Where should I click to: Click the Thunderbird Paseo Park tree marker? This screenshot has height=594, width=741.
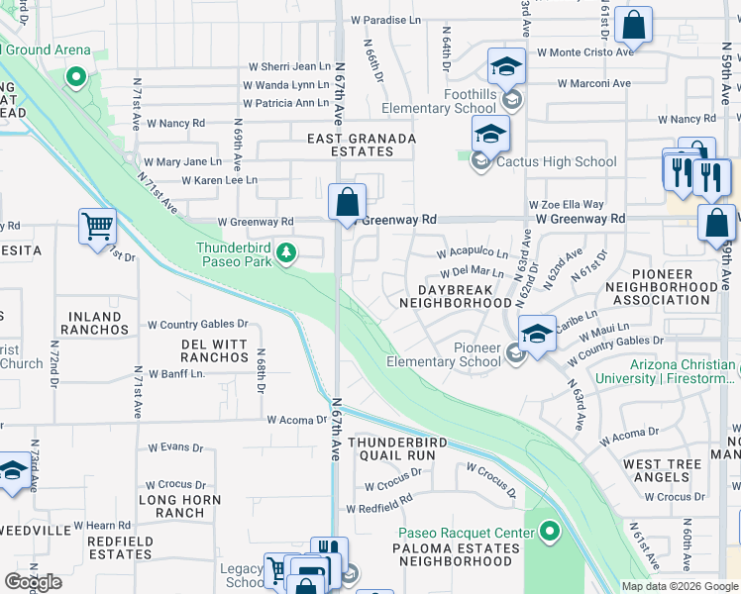pos(286,254)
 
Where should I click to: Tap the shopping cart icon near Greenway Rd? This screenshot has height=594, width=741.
pos(97,226)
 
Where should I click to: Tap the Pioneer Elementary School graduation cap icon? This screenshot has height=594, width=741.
pos(536,334)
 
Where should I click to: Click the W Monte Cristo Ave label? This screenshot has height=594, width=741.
pos(583,51)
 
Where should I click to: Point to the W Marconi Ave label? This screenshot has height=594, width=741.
pos(593,84)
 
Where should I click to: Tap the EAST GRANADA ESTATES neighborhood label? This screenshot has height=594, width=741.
pos(350,145)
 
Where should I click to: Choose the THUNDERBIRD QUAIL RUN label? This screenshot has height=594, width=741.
pos(391,448)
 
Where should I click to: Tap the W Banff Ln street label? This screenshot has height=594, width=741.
pos(175,373)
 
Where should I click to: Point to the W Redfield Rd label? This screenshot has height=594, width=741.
pos(378,507)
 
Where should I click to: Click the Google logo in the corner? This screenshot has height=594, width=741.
pos(33,582)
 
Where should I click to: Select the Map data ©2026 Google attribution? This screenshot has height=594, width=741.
pos(680,586)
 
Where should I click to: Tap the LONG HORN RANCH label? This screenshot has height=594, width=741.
pos(170,506)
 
